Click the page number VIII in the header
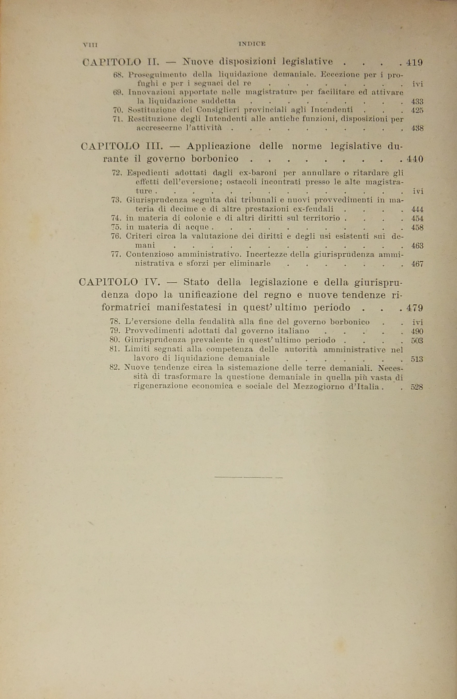pos(90,45)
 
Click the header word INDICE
pos(252,44)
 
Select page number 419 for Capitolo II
pos(414,62)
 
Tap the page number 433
pos(417,102)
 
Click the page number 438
pos(417,128)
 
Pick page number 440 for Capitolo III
pos(415,159)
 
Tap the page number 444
pos(417,210)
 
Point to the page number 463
pos(417,246)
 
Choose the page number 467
pos(417,264)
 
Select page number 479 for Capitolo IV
pos(415,308)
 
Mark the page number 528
pos(417,387)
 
